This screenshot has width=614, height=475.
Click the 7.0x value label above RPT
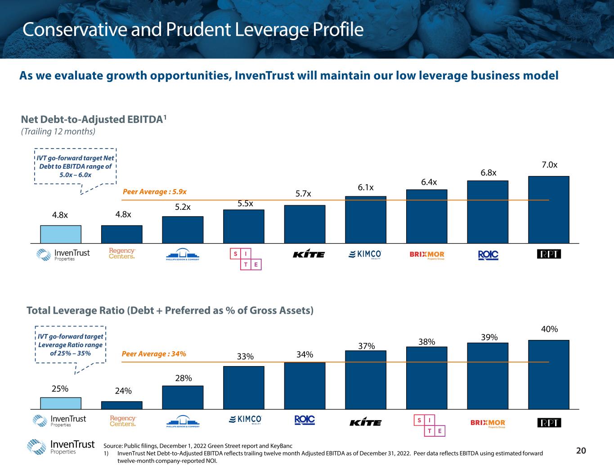click(549, 165)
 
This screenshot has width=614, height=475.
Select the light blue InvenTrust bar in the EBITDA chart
click(61, 234)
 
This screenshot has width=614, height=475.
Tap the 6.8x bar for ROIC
click(488, 212)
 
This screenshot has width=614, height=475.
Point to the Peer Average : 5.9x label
click(154, 192)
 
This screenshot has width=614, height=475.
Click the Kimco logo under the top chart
click(365, 255)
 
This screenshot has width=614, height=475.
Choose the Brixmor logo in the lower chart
click(488, 423)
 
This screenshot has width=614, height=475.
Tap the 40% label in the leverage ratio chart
click(549, 329)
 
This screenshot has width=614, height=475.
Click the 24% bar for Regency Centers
click(122, 405)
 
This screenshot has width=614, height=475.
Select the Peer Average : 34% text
click(154, 354)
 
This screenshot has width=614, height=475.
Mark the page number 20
click(581, 451)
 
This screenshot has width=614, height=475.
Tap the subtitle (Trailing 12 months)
click(58, 131)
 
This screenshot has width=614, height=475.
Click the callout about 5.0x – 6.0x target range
click(75, 167)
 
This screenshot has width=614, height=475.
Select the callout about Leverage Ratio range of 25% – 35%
click(70, 345)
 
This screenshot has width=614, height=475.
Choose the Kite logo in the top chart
click(309, 255)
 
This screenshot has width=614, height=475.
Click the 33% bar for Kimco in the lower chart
click(244, 387)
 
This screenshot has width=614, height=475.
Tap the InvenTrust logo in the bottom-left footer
click(61, 447)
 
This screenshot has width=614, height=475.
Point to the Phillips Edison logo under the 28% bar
click(183, 421)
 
